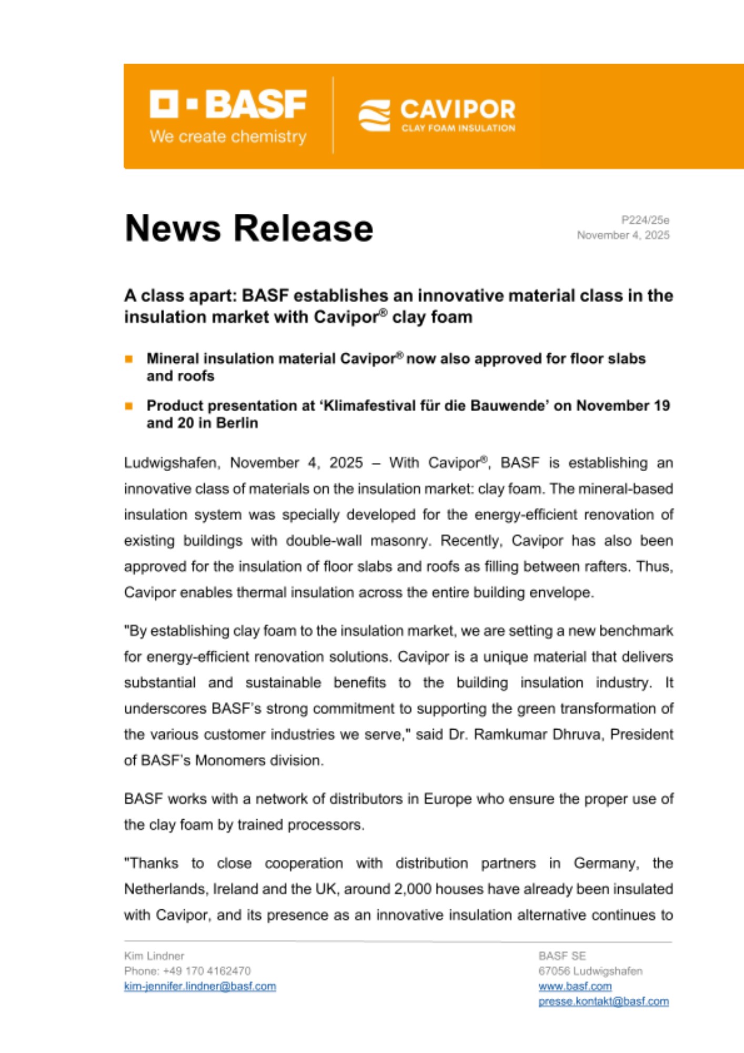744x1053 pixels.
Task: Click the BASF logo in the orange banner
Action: pyautogui.click(x=227, y=104)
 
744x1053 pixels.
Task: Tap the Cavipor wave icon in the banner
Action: pyautogui.click(x=374, y=115)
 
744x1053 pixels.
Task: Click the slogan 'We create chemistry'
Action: pyautogui.click(x=228, y=137)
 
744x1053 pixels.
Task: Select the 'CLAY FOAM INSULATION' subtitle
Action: pyautogui.click(x=458, y=128)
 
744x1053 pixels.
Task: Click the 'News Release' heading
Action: pyautogui.click(x=249, y=229)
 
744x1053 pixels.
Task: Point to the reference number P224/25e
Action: pyautogui.click(x=645, y=220)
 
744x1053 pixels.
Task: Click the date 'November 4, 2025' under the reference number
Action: pyautogui.click(x=623, y=235)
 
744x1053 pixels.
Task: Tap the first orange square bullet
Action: pyautogui.click(x=129, y=359)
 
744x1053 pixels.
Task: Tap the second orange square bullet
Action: pyautogui.click(x=129, y=406)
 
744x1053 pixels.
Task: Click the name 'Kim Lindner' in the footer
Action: pyautogui.click(x=154, y=956)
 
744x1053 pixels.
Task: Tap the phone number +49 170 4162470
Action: pyautogui.click(x=207, y=971)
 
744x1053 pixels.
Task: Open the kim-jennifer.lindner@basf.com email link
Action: pyautogui.click(x=200, y=986)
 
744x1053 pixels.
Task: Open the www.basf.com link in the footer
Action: pyautogui.click(x=575, y=986)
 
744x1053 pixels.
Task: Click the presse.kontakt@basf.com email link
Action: pyautogui.click(x=604, y=1001)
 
